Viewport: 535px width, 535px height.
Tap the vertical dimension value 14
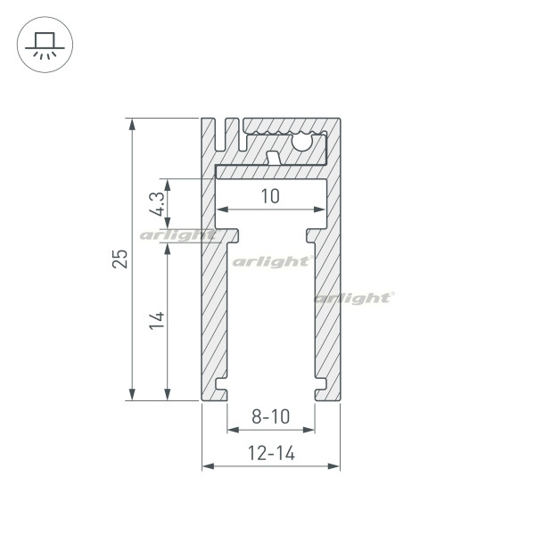156,322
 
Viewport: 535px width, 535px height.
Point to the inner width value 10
270,196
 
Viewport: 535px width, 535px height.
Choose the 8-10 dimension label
269,416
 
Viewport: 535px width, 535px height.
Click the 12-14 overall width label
271,453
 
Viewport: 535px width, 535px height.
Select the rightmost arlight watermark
354,297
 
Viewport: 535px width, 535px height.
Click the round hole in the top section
303,140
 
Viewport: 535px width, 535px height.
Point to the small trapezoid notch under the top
274,157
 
